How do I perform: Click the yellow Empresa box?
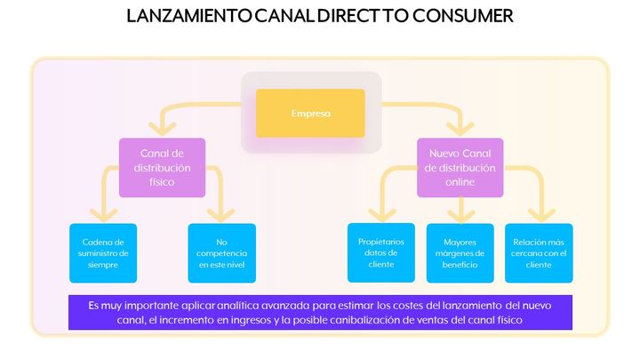click(x=310, y=113)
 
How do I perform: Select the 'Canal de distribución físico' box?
click(x=162, y=167)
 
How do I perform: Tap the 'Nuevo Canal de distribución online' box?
click(x=460, y=167)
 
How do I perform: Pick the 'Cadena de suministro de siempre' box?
click(x=103, y=253)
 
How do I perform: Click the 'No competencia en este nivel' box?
click(x=221, y=253)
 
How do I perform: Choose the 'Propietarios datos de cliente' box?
click(x=381, y=252)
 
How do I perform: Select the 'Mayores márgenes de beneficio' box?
click(x=460, y=253)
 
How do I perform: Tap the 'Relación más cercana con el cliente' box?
click(x=539, y=253)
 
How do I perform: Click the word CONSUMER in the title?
click(x=462, y=16)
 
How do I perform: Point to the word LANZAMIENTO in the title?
click(x=189, y=16)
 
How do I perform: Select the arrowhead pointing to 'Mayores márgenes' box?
click(x=460, y=215)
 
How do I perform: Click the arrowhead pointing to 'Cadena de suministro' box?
click(x=103, y=215)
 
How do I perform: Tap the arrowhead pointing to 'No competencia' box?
click(x=220, y=215)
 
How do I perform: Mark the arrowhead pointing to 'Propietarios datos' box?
click(x=382, y=215)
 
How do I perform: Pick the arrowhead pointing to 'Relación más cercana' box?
click(x=541, y=215)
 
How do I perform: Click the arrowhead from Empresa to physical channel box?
click(x=162, y=129)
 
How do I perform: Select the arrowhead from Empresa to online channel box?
click(x=460, y=129)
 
